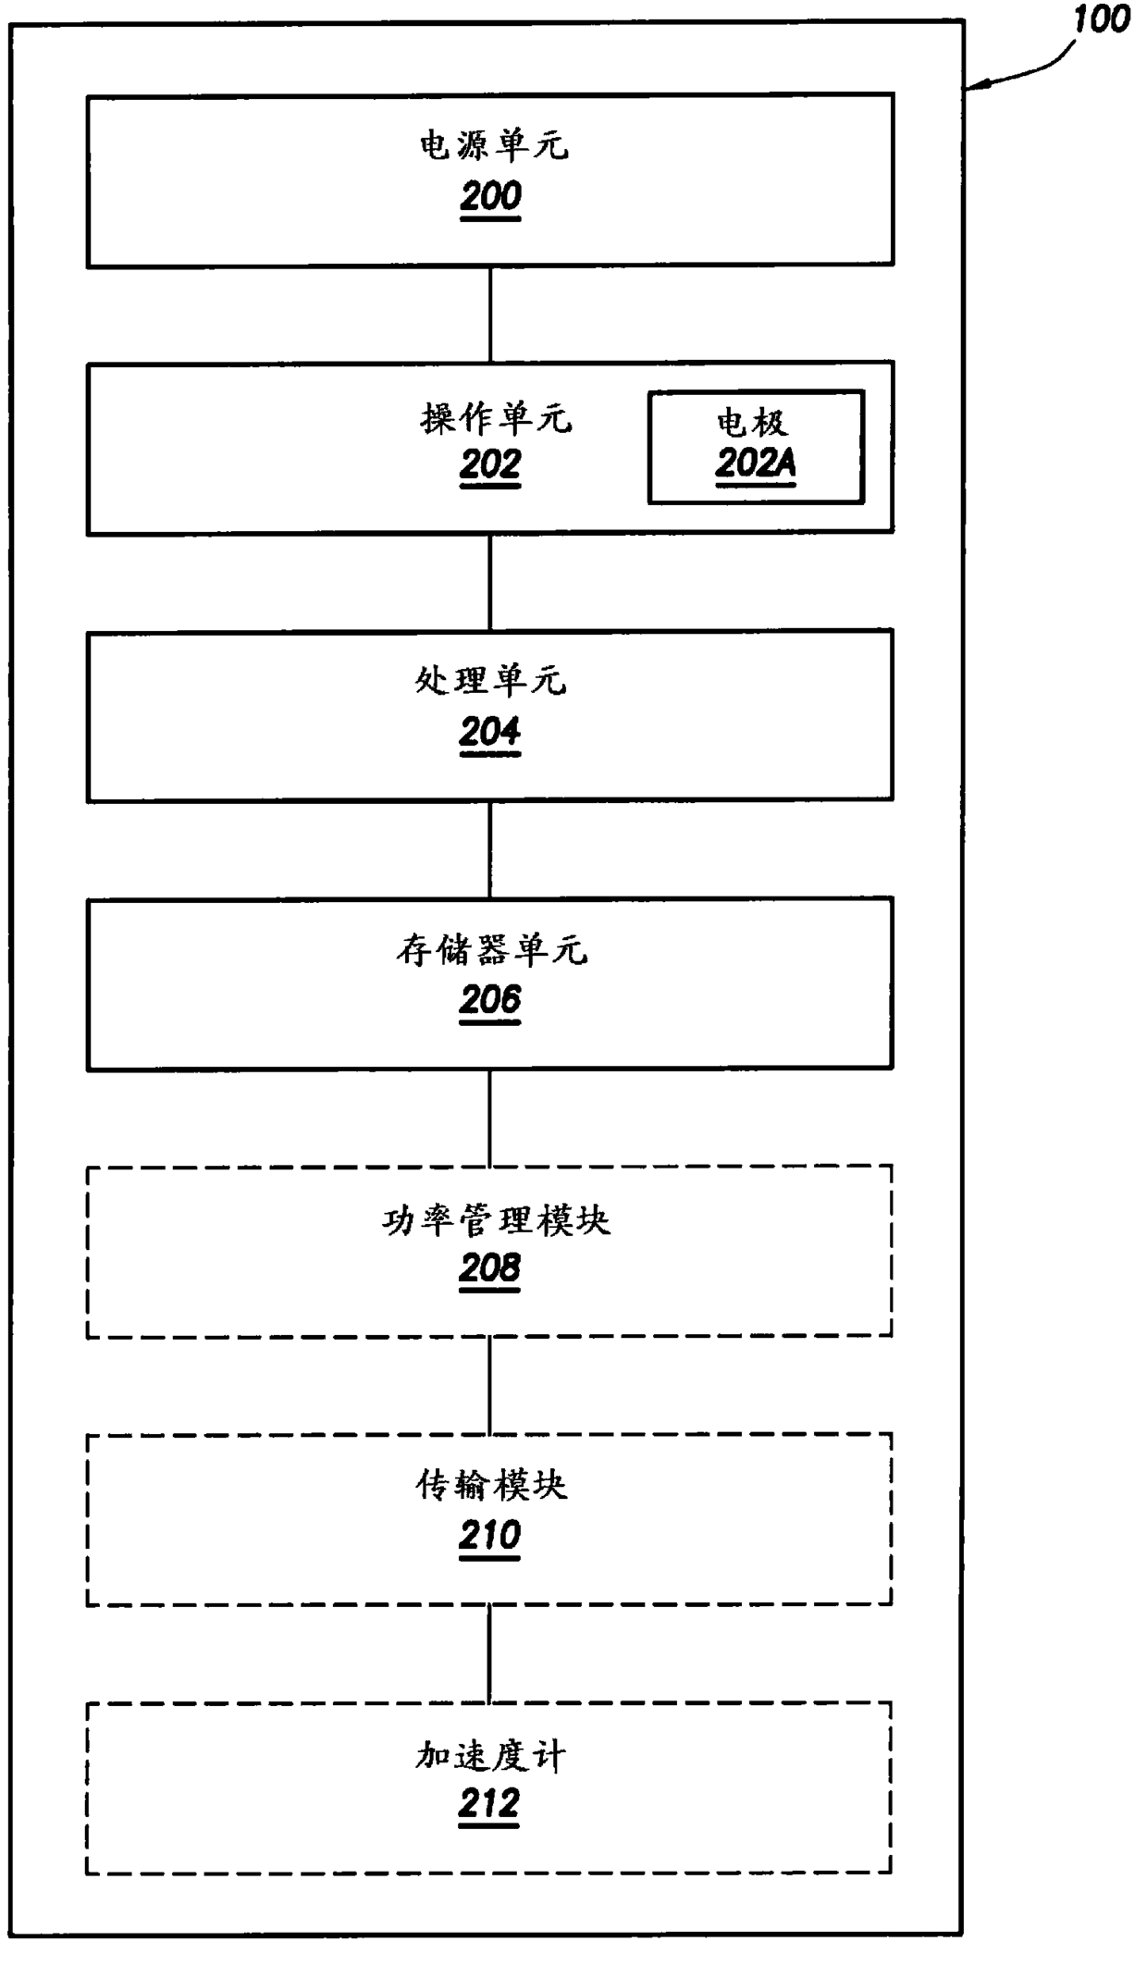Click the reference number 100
[x=1101, y=19]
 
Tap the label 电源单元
[x=494, y=146]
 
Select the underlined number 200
[x=490, y=196]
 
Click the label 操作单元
[x=497, y=419]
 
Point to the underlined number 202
[x=490, y=464]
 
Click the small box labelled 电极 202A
[x=756, y=447]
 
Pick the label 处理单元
[x=490, y=681]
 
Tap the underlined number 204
[x=490, y=732]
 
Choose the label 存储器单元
[x=492, y=949]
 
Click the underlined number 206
[x=490, y=1000]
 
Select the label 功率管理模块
[x=496, y=1221]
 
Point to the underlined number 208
[x=490, y=1267]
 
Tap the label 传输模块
[x=491, y=1486]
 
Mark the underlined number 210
[x=490, y=1536]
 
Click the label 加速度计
[x=490, y=1755]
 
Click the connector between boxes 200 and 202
[x=490, y=315]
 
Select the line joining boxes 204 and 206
[x=490, y=849]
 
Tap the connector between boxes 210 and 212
[x=490, y=1654]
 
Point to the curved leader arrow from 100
[x=1027, y=72]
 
